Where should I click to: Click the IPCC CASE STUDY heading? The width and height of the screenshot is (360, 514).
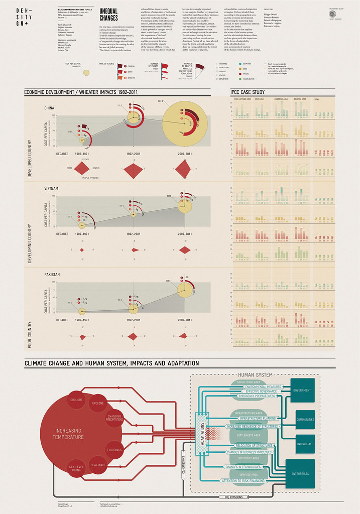coord(247,92)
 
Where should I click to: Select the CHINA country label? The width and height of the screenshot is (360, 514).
coord(49,108)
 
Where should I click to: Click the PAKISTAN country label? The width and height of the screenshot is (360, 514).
coord(52,275)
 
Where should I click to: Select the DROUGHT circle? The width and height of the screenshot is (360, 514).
coord(77,401)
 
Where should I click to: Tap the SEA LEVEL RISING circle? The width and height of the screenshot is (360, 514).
coord(75,469)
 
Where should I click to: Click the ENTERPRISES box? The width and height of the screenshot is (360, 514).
coord(300,473)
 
